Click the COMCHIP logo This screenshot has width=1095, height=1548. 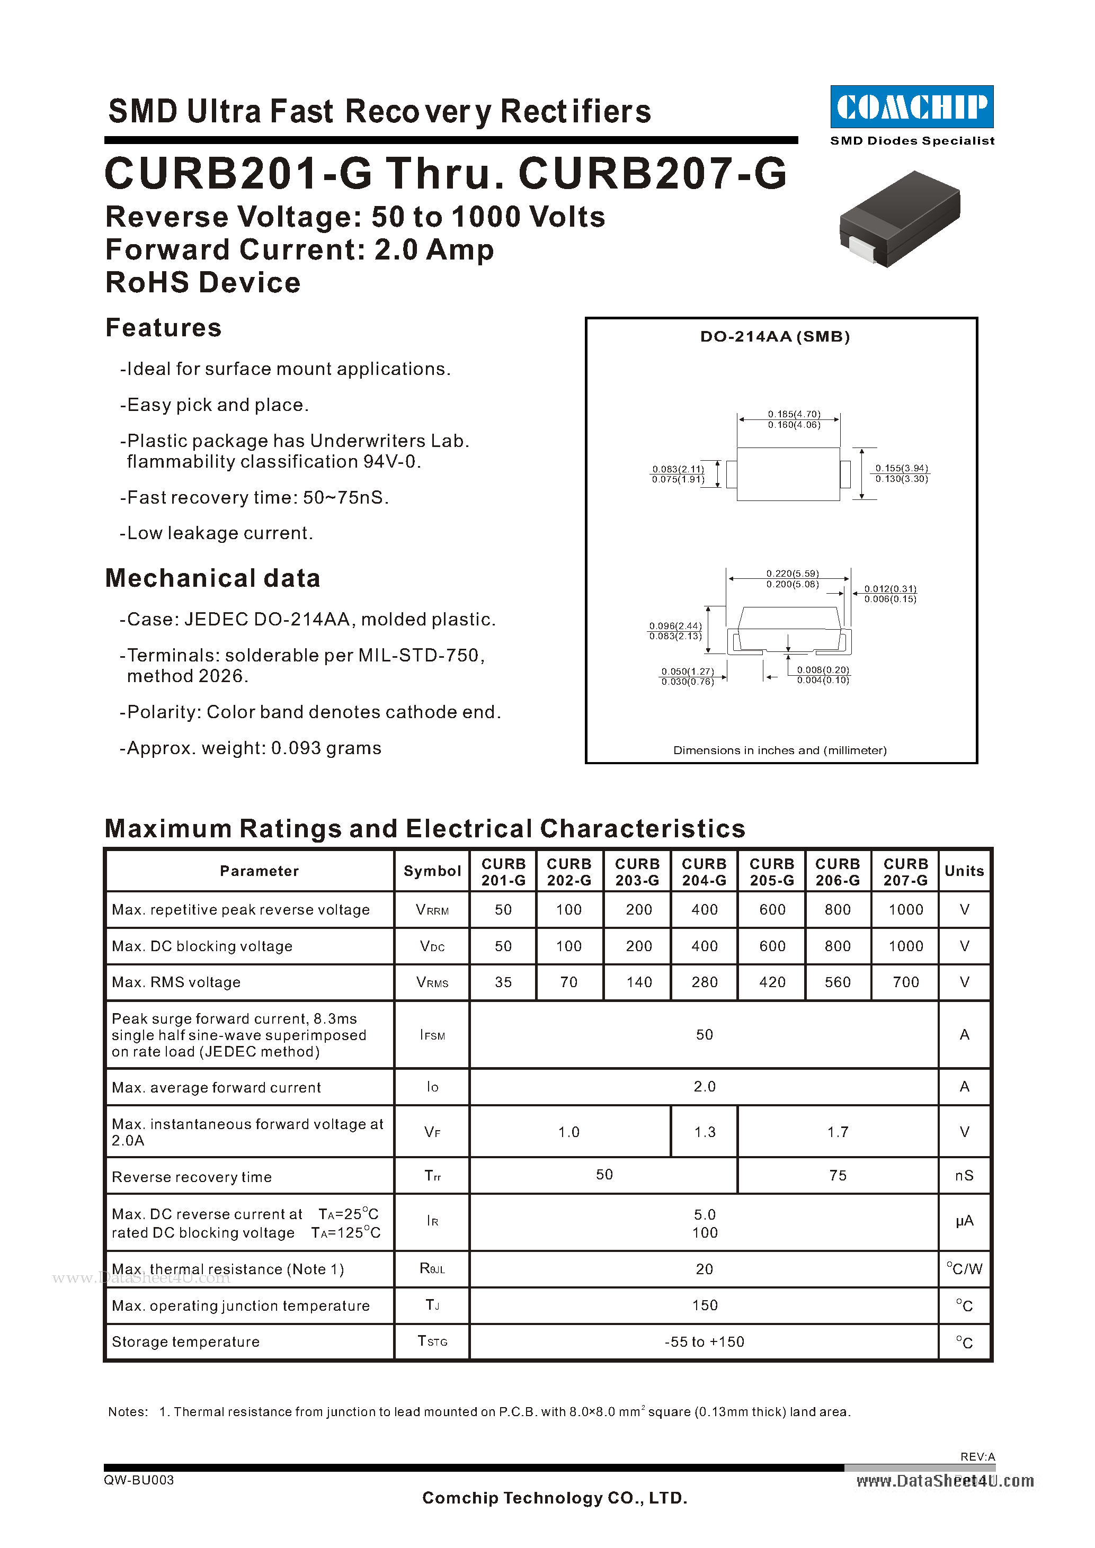[x=912, y=106]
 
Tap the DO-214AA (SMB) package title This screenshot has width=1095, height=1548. [x=774, y=336]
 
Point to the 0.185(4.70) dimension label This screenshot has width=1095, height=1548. [x=794, y=413]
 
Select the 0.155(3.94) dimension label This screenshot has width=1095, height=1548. [x=902, y=468]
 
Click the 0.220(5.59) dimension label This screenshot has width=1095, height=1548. [x=793, y=573]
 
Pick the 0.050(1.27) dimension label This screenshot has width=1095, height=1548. [x=687, y=672]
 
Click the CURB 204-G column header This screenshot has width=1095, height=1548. [x=704, y=872]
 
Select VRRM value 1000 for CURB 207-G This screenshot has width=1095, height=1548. [x=905, y=909]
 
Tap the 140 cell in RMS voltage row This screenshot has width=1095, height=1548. [x=638, y=982]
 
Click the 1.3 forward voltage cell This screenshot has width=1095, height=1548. [x=705, y=1132]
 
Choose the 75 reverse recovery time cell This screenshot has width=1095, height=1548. [x=838, y=1175]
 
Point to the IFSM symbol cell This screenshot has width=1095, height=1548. [x=432, y=1035]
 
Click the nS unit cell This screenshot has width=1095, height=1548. [x=964, y=1175]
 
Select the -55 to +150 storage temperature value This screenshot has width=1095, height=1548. [x=704, y=1341]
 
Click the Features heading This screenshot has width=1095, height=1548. [x=163, y=328]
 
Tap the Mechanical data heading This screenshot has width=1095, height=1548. [x=212, y=578]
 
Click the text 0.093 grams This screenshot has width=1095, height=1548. [x=326, y=748]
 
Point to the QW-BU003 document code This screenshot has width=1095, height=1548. [x=139, y=1480]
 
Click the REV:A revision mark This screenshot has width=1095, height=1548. [x=977, y=1457]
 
